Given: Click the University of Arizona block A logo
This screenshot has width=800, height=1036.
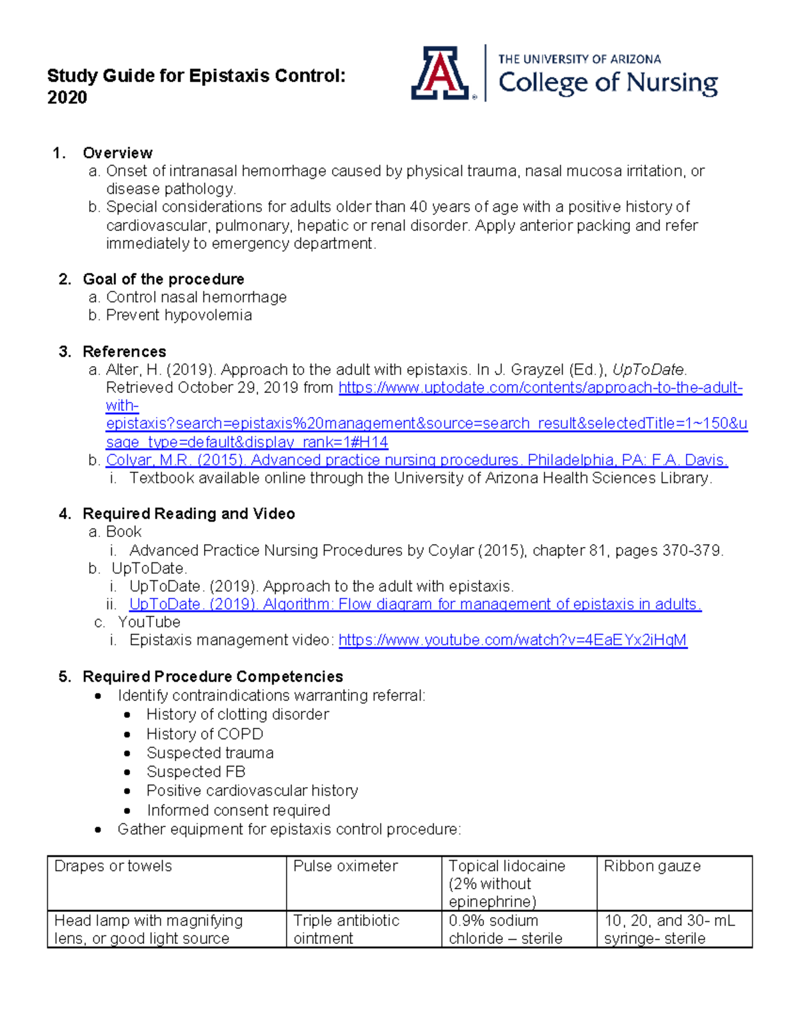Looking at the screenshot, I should click(x=439, y=73).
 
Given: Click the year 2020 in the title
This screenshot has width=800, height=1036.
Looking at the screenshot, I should click(x=67, y=97).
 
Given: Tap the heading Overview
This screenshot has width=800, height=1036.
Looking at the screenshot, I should click(x=117, y=153).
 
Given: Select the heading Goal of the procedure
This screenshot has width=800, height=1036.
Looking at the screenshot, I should click(x=163, y=279).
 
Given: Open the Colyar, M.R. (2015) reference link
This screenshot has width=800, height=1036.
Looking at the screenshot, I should click(x=417, y=460).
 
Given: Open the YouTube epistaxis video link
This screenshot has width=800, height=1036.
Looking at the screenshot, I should click(x=512, y=640).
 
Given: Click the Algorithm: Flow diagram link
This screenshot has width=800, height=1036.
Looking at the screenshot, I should click(x=415, y=604).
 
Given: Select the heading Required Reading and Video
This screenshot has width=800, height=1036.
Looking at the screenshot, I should click(x=189, y=514).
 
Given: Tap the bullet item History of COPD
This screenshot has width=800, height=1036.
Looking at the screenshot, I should click(x=205, y=734).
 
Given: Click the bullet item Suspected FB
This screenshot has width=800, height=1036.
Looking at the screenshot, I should click(x=196, y=772).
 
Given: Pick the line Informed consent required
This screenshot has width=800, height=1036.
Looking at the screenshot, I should click(x=239, y=810).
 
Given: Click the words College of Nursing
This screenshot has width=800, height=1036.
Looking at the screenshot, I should click(x=607, y=83).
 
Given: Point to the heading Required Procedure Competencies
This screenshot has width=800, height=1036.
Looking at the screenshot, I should click(x=213, y=676).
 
